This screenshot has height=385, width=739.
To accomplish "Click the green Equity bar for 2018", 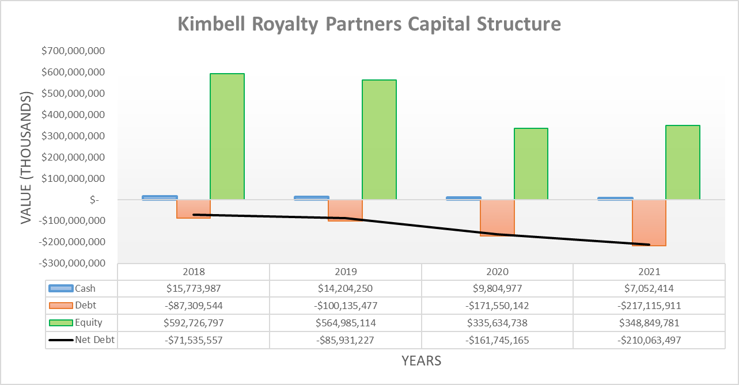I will point(227,136).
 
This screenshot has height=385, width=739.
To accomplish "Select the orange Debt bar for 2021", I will point(649,223).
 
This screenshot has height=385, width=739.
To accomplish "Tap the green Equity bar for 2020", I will point(530,164).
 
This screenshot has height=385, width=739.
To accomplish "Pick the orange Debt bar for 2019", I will point(344,210).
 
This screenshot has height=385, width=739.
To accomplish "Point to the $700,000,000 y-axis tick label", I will point(73,51).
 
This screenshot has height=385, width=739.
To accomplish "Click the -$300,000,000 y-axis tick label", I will point(73,263).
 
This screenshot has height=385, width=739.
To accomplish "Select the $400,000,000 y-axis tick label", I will point(73,115).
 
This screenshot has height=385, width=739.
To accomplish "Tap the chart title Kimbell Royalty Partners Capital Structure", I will point(369,24).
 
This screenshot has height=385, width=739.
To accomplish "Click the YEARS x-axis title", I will point(422,361).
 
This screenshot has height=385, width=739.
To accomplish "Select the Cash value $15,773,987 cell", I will point(194,288).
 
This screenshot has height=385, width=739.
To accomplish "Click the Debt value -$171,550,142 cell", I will point(497,306).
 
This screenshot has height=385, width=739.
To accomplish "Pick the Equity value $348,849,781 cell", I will point(649,323).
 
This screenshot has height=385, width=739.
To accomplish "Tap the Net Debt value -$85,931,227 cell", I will point(345,340).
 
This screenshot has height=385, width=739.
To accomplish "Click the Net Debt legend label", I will point(94,340).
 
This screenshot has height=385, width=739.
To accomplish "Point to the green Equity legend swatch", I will point(61,322).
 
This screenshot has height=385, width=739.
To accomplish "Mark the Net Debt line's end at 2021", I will point(649,245).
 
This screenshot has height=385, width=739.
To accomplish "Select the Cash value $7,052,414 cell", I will point(649,288).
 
